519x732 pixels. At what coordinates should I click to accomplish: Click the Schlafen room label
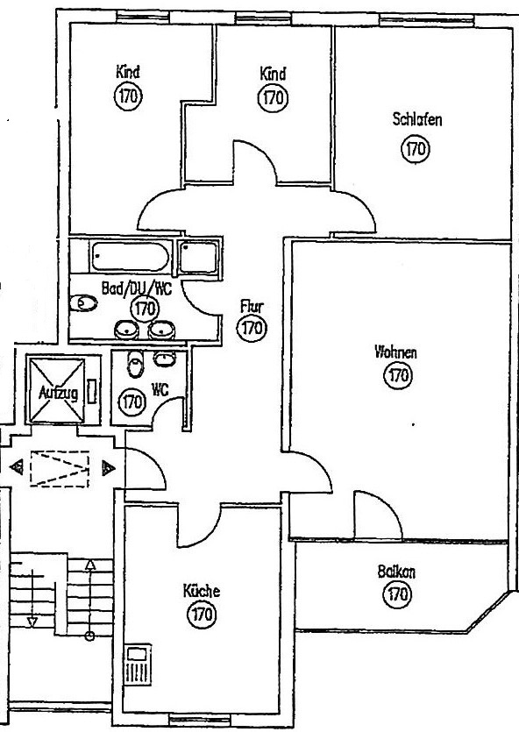click(x=416, y=119)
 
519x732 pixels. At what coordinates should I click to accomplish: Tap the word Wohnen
click(x=395, y=352)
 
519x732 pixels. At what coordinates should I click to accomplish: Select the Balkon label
click(x=396, y=572)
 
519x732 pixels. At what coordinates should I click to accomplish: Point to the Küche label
click(x=201, y=591)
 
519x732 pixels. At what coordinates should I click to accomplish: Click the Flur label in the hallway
click(x=252, y=306)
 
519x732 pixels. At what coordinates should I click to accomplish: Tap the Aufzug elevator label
click(x=58, y=393)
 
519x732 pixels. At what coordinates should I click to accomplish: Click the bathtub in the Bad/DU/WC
click(x=130, y=256)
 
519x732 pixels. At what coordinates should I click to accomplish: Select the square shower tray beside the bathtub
click(x=199, y=256)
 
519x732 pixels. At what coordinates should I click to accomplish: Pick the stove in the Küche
click(x=139, y=664)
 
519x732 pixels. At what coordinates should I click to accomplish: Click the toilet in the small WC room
click(x=136, y=364)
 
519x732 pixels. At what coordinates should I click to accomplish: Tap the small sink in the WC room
click(x=164, y=359)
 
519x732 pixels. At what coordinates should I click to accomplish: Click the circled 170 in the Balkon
click(x=398, y=594)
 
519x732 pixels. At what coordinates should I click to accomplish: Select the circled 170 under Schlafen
click(x=416, y=148)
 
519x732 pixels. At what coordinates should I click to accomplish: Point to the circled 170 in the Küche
click(x=202, y=614)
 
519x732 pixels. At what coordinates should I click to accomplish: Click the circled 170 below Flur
click(x=252, y=328)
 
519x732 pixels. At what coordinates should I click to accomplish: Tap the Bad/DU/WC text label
click(x=136, y=288)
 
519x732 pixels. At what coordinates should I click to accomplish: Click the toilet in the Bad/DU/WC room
click(x=83, y=303)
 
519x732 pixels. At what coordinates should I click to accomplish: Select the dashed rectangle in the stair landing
click(x=60, y=469)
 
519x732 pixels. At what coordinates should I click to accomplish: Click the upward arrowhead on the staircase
click(x=90, y=565)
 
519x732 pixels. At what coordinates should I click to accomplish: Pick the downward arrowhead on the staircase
click(x=32, y=622)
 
